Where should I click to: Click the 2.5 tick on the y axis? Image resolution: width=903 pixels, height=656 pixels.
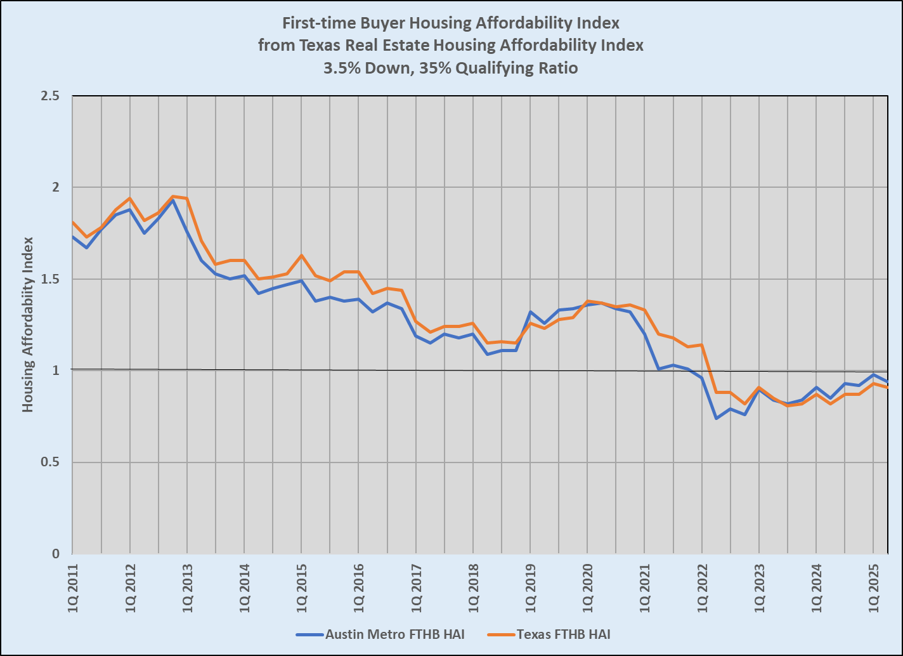(x=50, y=96)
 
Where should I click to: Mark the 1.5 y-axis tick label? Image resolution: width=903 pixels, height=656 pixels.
(x=50, y=279)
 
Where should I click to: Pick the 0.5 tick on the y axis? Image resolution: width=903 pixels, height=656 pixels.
(x=50, y=462)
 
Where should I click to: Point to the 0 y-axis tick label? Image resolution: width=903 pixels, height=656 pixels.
(x=56, y=554)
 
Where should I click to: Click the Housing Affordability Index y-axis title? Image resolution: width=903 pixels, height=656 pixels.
(x=29, y=324)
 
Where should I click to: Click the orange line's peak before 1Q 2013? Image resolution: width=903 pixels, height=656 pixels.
(x=173, y=197)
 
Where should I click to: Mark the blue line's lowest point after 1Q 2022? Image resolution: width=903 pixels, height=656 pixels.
(x=716, y=418)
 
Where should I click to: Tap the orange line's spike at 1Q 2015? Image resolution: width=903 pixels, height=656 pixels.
(x=301, y=255)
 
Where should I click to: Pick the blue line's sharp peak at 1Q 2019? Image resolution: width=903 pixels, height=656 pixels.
(x=530, y=312)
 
